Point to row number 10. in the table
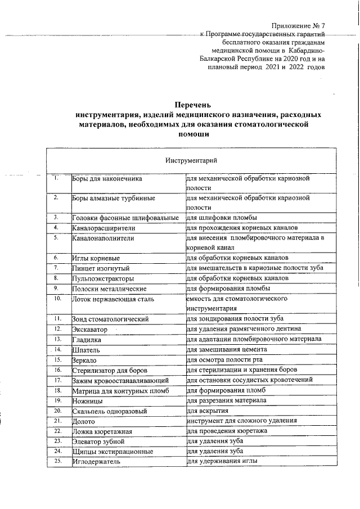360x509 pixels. [57, 299]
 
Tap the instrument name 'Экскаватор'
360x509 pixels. [89, 329]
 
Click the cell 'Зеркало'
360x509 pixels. [84, 359]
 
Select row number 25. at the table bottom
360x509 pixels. [57, 461]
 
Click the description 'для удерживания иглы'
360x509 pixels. [222, 461]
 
